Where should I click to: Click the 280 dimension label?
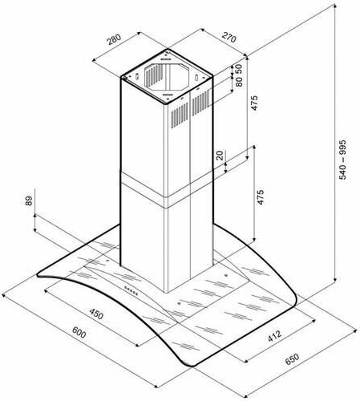(115, 39)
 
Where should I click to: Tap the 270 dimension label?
(229, 38)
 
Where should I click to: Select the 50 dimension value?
(239, 69)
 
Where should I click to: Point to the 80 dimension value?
(239, 82)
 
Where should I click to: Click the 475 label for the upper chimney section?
(254, 103)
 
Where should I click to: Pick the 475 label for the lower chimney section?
(261, 197)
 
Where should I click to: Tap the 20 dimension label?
(220, 156)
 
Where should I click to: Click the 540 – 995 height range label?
(342, 160)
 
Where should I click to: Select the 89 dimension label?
(29, 200)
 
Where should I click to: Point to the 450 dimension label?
(96, 314)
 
